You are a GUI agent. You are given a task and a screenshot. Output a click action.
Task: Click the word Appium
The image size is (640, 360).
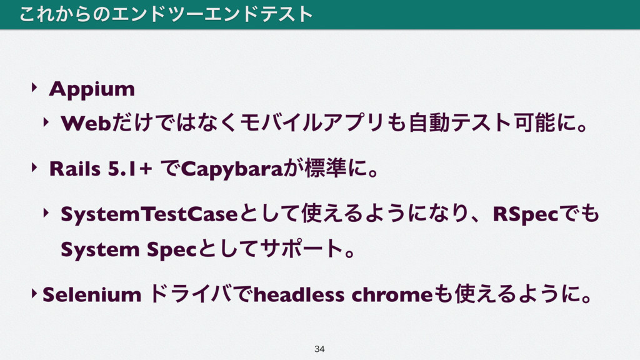coord(92,89)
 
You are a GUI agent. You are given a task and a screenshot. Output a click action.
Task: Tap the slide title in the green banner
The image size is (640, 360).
coord(166,14)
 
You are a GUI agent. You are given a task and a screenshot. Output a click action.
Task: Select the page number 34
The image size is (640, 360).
coord(319,349)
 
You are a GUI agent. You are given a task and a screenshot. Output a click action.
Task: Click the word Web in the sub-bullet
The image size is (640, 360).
coord(86,123)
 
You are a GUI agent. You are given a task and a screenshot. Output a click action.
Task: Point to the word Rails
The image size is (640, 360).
coord(75,169)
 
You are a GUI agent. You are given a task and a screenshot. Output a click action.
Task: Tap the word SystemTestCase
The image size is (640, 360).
coord(149,214)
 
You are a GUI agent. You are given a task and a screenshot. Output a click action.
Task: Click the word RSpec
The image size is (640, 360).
coord(525,215)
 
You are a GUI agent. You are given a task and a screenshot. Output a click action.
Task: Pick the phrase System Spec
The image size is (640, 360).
coord(129,250)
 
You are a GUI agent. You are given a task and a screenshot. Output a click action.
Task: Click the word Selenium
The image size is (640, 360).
coord(92,294)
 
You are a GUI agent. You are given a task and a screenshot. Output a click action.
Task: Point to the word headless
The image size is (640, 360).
coord(299,294)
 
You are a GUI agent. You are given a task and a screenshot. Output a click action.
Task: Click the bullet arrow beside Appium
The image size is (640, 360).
coord(34,86)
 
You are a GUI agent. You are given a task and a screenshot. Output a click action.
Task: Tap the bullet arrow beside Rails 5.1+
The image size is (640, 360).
coord(34,167)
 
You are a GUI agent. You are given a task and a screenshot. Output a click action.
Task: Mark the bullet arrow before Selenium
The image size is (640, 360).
coord(34,293)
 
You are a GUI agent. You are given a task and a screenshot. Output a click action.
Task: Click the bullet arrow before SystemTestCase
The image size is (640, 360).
coord(46,212)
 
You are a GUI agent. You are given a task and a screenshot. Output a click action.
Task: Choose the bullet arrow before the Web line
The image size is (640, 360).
coord(46,122)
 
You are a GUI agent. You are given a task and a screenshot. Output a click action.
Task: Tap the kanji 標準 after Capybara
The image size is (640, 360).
coord(325,168)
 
